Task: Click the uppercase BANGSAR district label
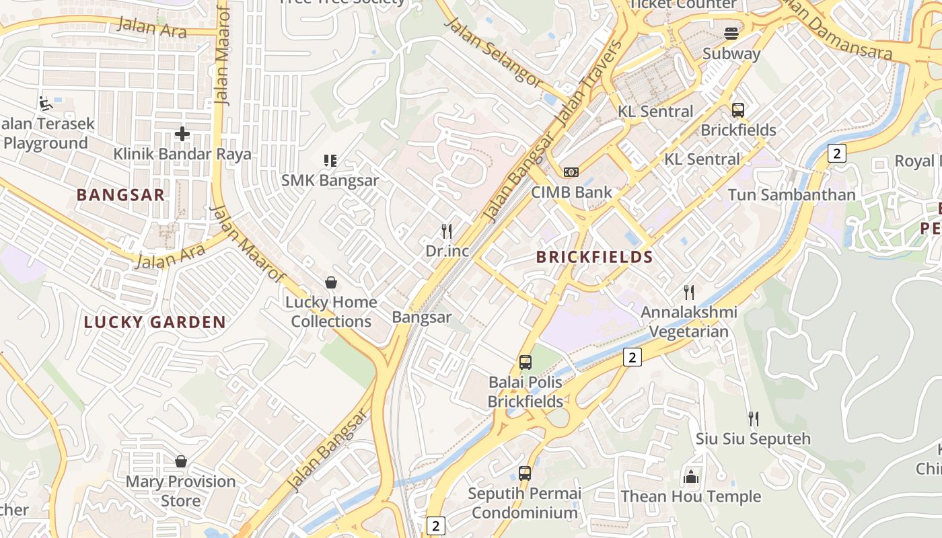click(x=120, y=195)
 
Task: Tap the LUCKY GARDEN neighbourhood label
click(x=155, y=322)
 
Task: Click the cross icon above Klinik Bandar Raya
click(x=182, y=134)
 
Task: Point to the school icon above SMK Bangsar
click(x=330, y=161)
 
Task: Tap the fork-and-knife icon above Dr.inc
click(x=447, y=231)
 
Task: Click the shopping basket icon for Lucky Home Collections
click(x=330, y=282)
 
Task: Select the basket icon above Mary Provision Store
click(x=180, y=461)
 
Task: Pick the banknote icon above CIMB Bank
click(x=571, y=172)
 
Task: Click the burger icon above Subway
click(x=731, y=34)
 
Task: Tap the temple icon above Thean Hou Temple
click(x=690, y=477)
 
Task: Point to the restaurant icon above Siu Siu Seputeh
click(x=754, y=419)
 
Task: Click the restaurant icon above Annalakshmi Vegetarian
click(x=688, y=293)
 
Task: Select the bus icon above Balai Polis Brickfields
click(x=526, y=362)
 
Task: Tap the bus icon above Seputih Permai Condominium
click(x=525, y=473)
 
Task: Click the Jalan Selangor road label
click(x=493, y=52)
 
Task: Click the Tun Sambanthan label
click(x=791, y=195)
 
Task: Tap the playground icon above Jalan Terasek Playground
click(x=45, y=104)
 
